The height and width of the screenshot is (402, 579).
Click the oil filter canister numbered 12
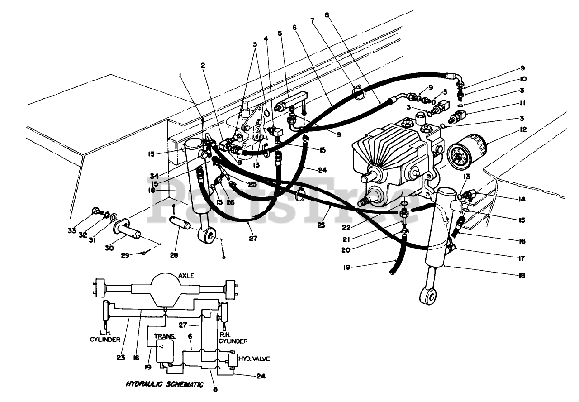click(467, 151)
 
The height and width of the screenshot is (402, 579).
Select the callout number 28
click(174, 255)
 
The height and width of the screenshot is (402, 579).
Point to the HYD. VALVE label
click(256, 359)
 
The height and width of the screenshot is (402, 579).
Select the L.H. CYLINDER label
click(105, 335)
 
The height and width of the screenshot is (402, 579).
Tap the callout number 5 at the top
click(280, 33)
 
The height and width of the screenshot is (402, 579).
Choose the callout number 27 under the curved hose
click(252, 238)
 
